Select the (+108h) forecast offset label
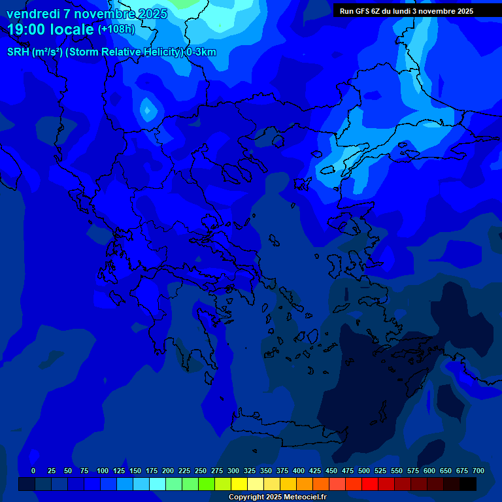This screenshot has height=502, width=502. click(x=116, y=29)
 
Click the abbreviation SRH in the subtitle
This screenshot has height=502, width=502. click(x=18, y=52)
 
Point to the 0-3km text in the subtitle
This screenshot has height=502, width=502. click(x=201, y=52)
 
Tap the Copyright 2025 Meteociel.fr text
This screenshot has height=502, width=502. click(x=277, y=497)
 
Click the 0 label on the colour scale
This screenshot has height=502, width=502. click(x=33, y=471)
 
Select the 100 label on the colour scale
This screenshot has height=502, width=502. click(x=103, y=471)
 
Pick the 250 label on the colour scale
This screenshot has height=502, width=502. click(x=201, y=471)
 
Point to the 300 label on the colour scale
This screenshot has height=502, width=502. click(x=233, y=471)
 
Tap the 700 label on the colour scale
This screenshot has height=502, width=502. click(x=478, y=471)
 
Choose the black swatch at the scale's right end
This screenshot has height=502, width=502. click(x=468, y=484)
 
